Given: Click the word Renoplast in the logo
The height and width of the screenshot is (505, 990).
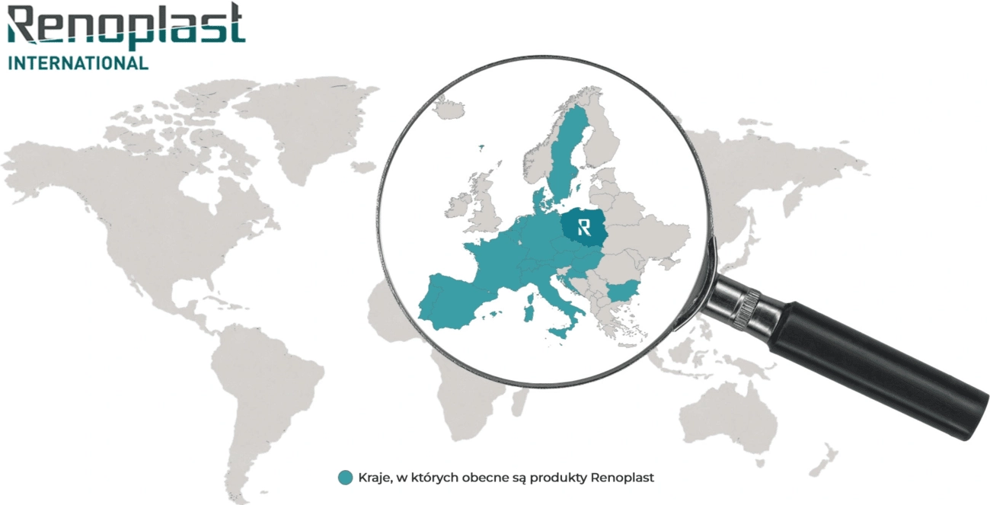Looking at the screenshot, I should point(126,29).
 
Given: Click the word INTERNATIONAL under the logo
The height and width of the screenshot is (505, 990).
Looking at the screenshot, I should point(78,63).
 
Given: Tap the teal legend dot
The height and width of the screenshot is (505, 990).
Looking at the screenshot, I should point(346,478).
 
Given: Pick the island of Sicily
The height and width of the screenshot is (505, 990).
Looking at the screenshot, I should point(561,333).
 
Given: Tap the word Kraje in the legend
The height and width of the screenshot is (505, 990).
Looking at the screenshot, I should point(373,478).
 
